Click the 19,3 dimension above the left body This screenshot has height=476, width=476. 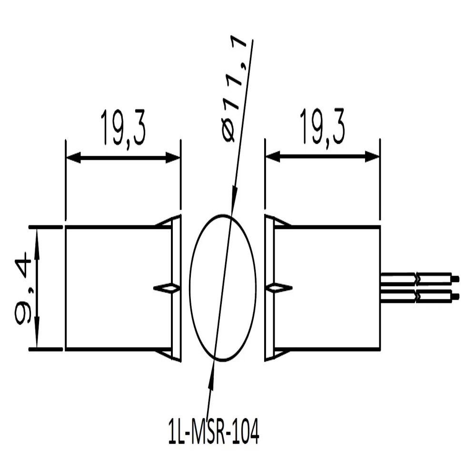tap(122, 128)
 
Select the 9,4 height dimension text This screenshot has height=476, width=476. tap(24, 289)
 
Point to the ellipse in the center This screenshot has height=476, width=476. tap(223, 287)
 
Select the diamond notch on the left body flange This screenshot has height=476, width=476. tap(167, 288)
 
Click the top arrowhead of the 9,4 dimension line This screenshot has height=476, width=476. tap(37, 235)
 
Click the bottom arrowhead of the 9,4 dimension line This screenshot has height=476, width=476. tap(37, 341)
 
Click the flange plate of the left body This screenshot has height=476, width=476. tap(176, 288)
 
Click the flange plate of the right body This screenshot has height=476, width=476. tap(269, 288)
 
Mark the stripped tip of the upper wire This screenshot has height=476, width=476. tap(455, 278)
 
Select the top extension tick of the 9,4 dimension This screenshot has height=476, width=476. tap(46, 227)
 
